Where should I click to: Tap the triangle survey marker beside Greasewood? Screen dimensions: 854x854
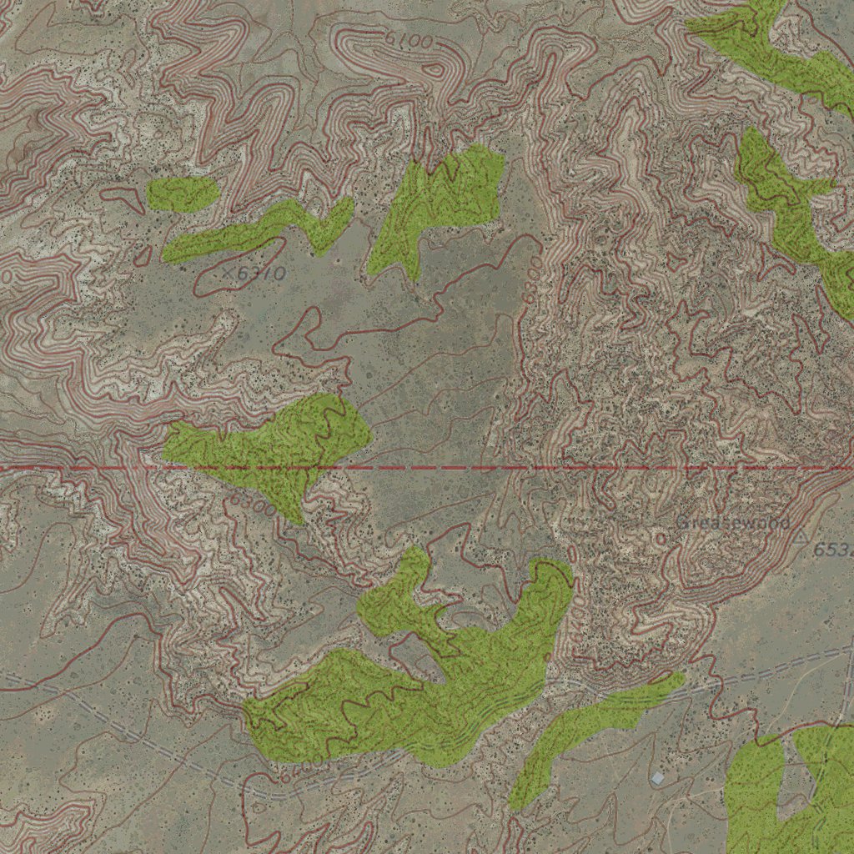click(801, 534)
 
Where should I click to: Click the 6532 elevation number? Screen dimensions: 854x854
click(833, 550)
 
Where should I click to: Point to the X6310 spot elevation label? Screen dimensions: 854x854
click(254, 273)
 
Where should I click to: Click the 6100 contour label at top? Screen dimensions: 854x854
click(409, 39)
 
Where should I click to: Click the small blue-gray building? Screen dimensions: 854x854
click(658, 778)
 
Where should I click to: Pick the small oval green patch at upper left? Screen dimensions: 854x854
click(183, 193)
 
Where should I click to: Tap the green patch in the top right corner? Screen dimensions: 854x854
click(776, 50)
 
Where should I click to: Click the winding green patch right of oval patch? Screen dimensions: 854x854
click(259, 230)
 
